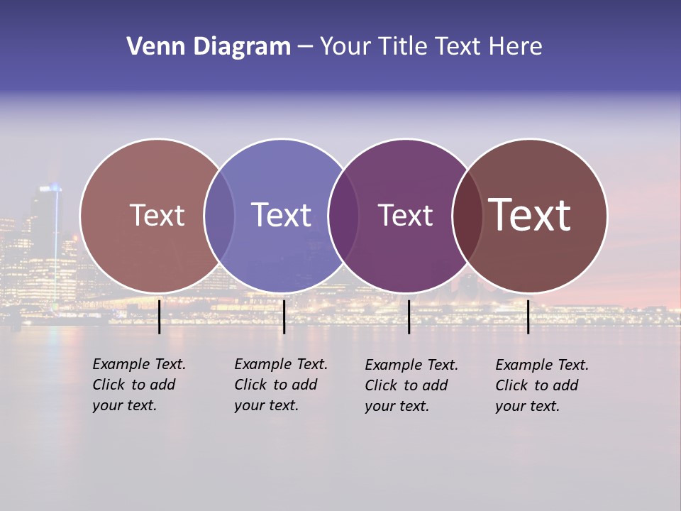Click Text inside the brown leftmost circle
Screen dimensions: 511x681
coord(157,215)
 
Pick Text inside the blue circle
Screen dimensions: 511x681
coord(281,215)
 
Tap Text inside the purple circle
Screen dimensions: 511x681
coord(405,215)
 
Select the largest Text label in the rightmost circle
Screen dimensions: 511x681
coord(530,215)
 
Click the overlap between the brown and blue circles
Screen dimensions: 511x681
coord(219,215)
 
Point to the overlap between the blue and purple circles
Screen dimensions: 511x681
coord(343,215)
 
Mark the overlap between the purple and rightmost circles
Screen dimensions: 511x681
coord(467,215)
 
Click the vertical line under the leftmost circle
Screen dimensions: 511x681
coord(159,317)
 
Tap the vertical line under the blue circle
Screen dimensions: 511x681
coord(284,317)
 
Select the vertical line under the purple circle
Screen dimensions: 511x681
coord(409,317)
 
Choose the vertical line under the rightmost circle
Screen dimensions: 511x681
coord(528,317)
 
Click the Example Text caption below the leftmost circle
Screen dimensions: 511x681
coord(139,385)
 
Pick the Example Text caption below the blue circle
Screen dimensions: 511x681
coord(281,385)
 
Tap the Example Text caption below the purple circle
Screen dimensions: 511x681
coord(411,385)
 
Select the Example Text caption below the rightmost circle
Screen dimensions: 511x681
coord(542,385)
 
